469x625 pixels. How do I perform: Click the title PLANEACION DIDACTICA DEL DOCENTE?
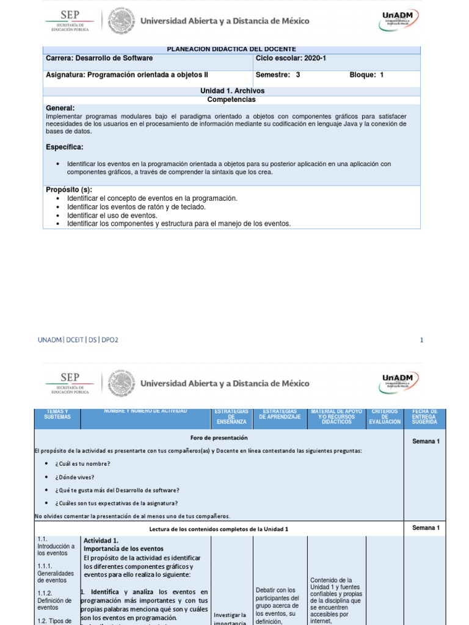pos(231,49)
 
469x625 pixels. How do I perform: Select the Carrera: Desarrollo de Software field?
pos(100,59)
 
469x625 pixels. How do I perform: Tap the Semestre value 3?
pos(298,76)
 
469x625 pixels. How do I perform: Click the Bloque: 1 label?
pos(366,76)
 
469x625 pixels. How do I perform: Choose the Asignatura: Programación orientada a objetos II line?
pos(127,76)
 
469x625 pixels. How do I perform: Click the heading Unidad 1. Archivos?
pos(231,91)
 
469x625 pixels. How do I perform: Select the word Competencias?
pos(231,99)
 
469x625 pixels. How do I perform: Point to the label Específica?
pos(65,147)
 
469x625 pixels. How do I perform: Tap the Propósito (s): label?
pos(69,190)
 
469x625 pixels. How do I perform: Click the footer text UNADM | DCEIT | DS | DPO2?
pos(78,340)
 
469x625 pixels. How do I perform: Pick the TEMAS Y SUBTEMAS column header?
pos(57,414)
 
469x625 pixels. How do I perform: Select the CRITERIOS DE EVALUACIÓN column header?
pos(385,417)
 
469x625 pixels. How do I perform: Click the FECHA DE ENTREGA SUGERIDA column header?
pos(424,417)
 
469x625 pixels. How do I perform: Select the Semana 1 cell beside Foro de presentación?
pos(425,441)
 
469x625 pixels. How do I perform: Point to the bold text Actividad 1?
pos(101,541)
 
